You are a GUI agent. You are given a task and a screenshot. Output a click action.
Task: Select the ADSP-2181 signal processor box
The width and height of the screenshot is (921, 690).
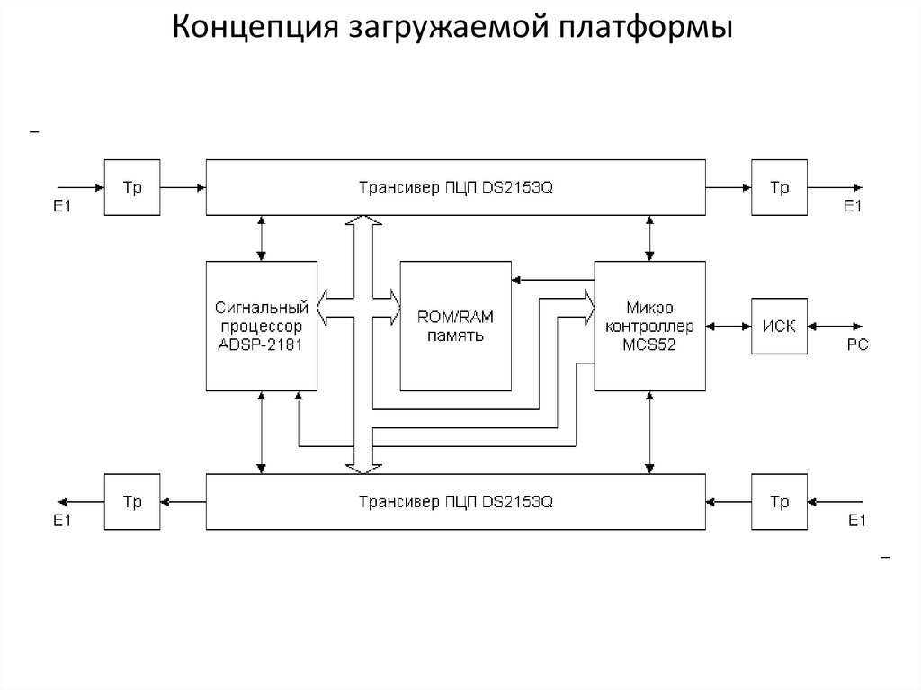[x=261, y=326]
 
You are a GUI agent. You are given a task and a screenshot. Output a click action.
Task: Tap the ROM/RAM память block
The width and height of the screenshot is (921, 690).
[x=455, y=326]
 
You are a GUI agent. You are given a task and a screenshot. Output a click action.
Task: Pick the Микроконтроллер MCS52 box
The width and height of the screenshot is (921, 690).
[x=649, y=326]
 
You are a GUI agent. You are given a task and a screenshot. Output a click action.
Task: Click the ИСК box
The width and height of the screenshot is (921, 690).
[x=779, y=326]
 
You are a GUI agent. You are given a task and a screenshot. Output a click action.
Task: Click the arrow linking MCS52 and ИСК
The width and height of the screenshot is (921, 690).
[x=729, y=326]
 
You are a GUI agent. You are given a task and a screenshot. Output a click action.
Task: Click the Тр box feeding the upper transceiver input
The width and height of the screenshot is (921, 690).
[x=132, y=188]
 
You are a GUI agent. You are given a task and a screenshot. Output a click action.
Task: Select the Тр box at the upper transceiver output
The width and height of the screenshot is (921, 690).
[x=779, y=188]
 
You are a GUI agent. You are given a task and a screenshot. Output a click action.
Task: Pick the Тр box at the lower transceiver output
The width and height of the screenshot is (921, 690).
[x=132, y=502]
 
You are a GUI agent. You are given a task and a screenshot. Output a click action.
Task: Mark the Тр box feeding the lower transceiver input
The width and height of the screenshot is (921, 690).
[x=779, y=502]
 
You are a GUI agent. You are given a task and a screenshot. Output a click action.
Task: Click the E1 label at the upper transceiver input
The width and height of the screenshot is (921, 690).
[x=62, y=207]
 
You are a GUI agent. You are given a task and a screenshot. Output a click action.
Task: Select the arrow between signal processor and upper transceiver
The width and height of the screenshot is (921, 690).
[x=261, y=238]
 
